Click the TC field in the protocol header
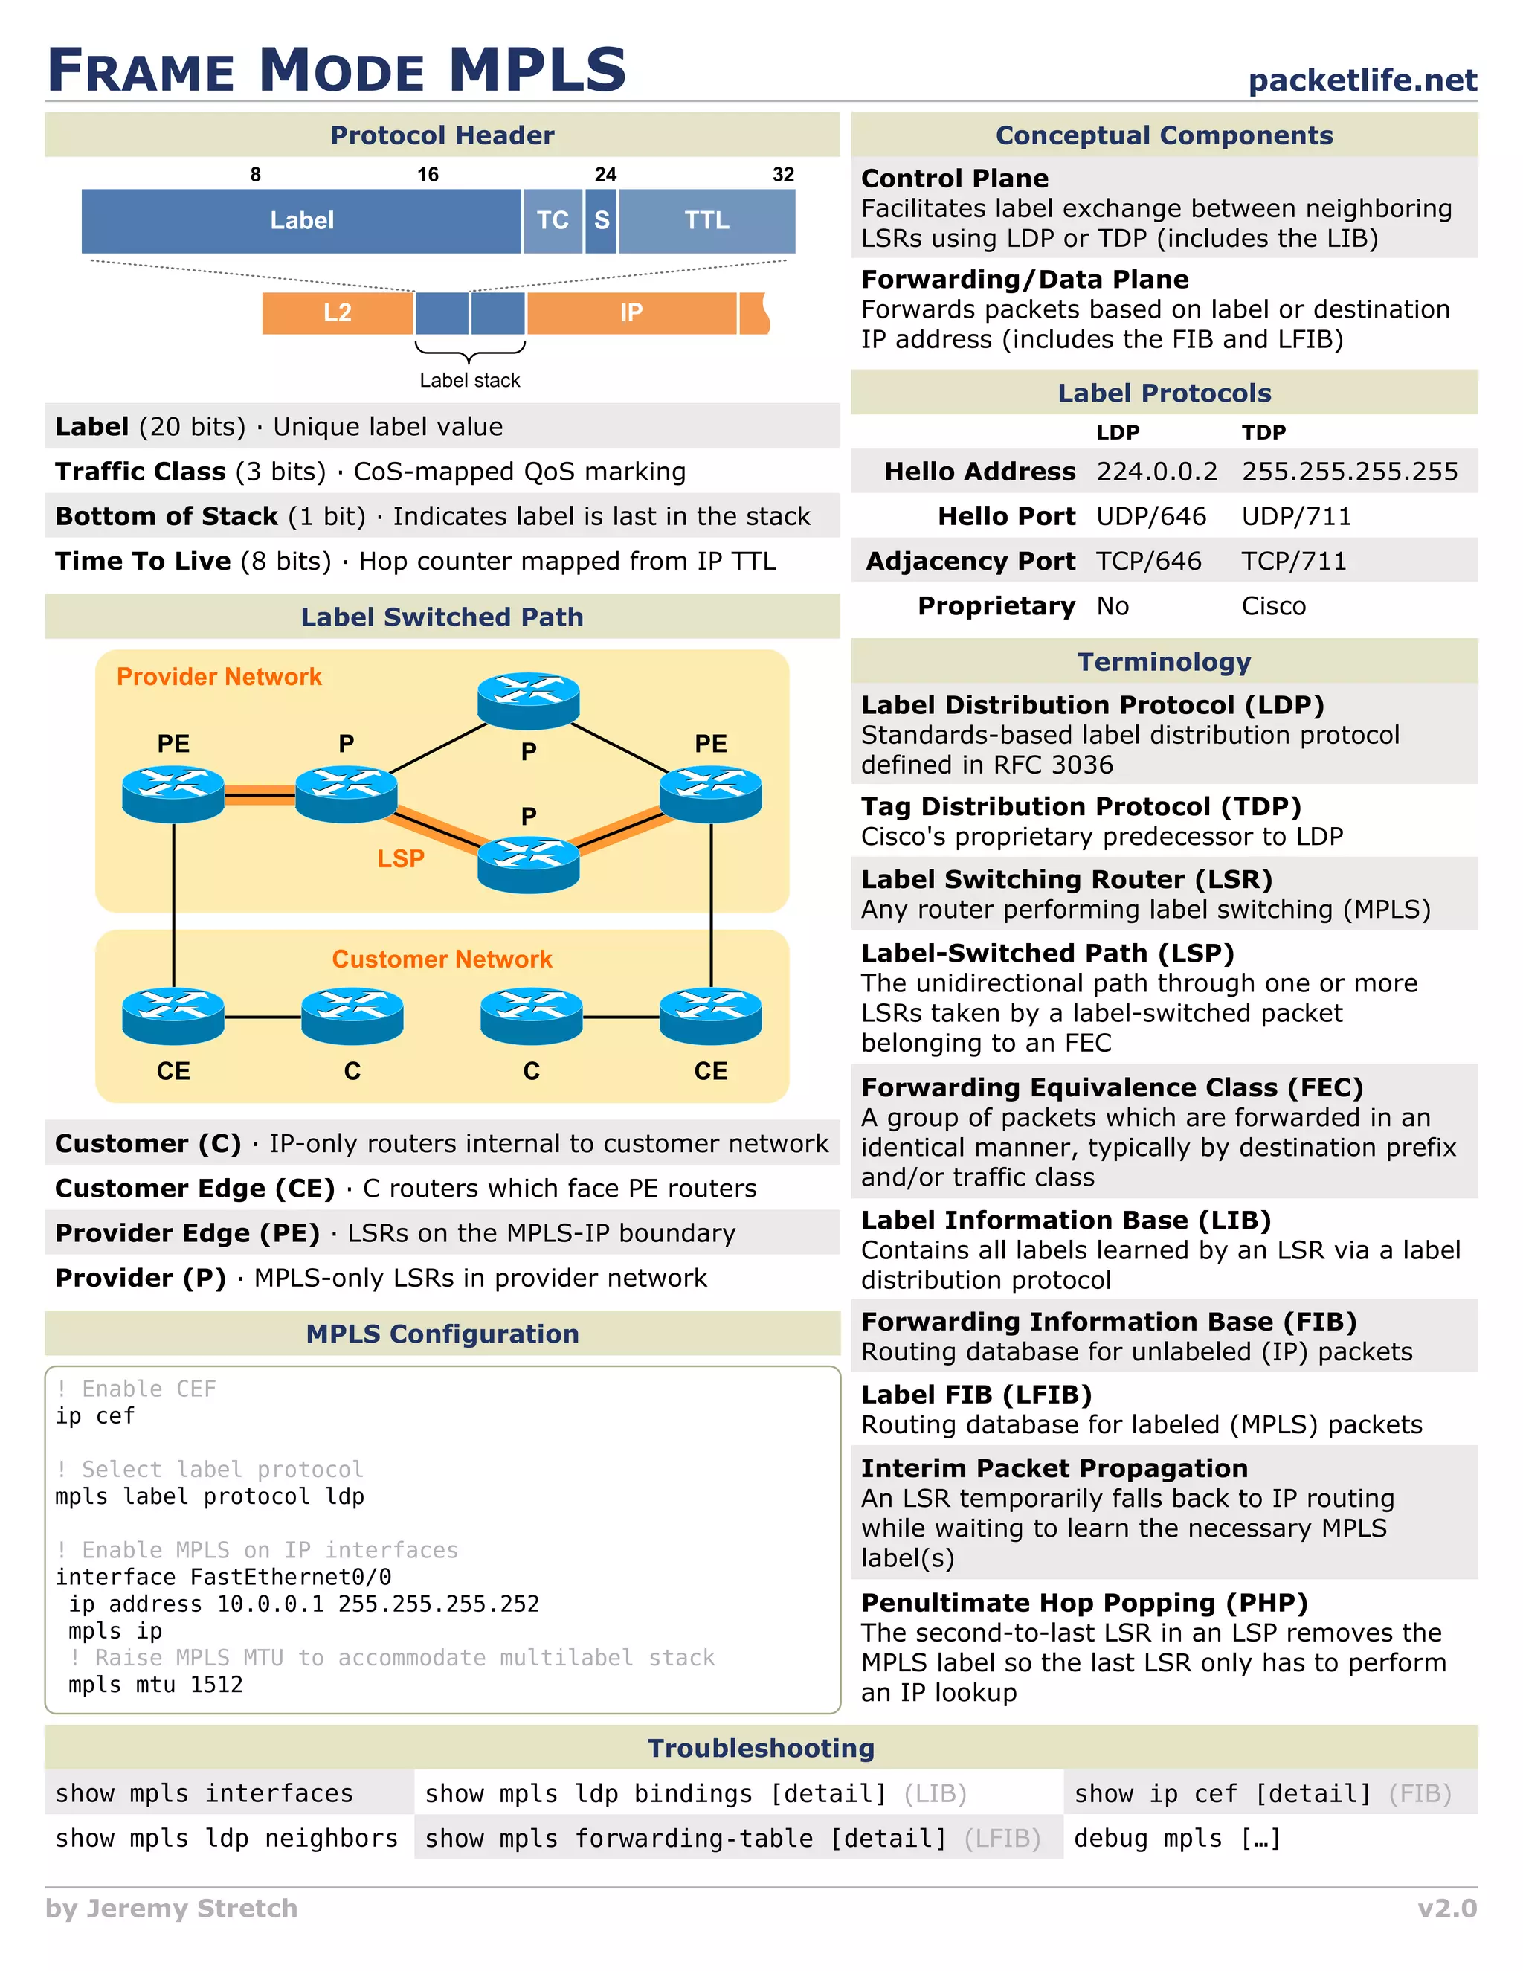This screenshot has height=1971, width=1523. point(553,220)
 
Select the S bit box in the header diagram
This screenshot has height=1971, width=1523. point(602,220)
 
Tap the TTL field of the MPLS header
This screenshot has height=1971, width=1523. point(706,220)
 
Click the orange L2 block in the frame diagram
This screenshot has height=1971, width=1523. point(338,312)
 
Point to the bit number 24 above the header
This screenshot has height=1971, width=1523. point(605,174)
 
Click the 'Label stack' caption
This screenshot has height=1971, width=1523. point(469,380)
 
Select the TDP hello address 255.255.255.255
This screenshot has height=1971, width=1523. point(1349,471)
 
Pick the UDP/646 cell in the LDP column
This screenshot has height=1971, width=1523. point(1150,516)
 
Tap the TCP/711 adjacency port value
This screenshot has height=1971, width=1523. point(1293,562)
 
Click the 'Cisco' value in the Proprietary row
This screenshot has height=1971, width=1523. point(1273,606)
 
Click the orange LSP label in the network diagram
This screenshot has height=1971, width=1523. point(401,858)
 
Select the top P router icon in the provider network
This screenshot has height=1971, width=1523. point(529,698)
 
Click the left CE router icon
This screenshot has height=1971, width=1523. point(173,1015)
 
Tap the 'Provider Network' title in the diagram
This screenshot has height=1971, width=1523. point(219,677)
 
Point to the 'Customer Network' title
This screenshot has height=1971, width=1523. point(441,959)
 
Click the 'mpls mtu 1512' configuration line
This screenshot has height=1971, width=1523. point(155,1684)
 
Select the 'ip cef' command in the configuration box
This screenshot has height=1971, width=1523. point(94,1416)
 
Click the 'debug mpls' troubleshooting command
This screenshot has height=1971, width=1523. point(1176,1839)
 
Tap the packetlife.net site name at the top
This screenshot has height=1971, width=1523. point(1362,80)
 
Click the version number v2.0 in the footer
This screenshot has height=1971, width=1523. point(1446,1908)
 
